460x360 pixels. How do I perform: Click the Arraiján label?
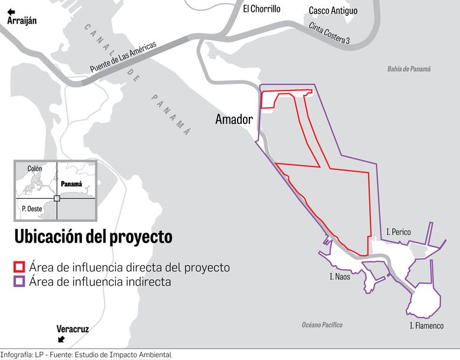point(22,21)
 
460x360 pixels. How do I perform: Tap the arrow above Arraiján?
point(11,11)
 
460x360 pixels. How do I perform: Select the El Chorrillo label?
point(261,9)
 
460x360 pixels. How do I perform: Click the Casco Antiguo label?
point(333,11)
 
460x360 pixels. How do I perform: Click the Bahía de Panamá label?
point(409,69)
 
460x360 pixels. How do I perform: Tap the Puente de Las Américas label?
point(123,57)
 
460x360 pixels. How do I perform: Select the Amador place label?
point(234,119)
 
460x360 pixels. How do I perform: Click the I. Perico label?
point(399,232)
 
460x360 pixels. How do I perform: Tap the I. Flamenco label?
point(426,325)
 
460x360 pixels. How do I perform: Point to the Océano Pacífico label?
point(322,325)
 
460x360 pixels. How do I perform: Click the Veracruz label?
point(73,329)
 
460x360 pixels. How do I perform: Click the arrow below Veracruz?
point(61,339)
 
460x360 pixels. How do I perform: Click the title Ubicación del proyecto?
point(93,237)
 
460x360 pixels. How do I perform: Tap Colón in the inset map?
point(35,169)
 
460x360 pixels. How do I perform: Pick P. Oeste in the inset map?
point(31,208)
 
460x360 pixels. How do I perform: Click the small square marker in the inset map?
point(57,198)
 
